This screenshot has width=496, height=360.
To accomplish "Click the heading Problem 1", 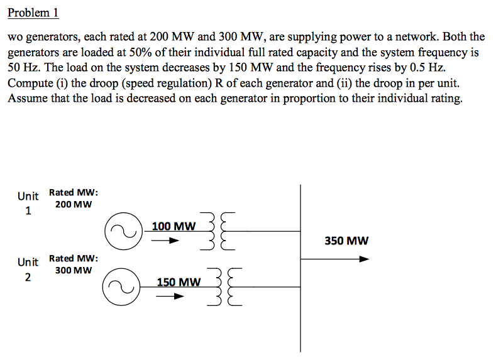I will pos(33,13).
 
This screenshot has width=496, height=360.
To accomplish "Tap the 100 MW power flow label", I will pos(174,226).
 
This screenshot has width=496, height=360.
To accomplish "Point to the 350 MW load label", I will pos(346,241).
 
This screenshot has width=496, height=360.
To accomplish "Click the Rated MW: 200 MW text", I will pos(74,199).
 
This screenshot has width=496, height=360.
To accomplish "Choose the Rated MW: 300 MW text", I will pos(74,265).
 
